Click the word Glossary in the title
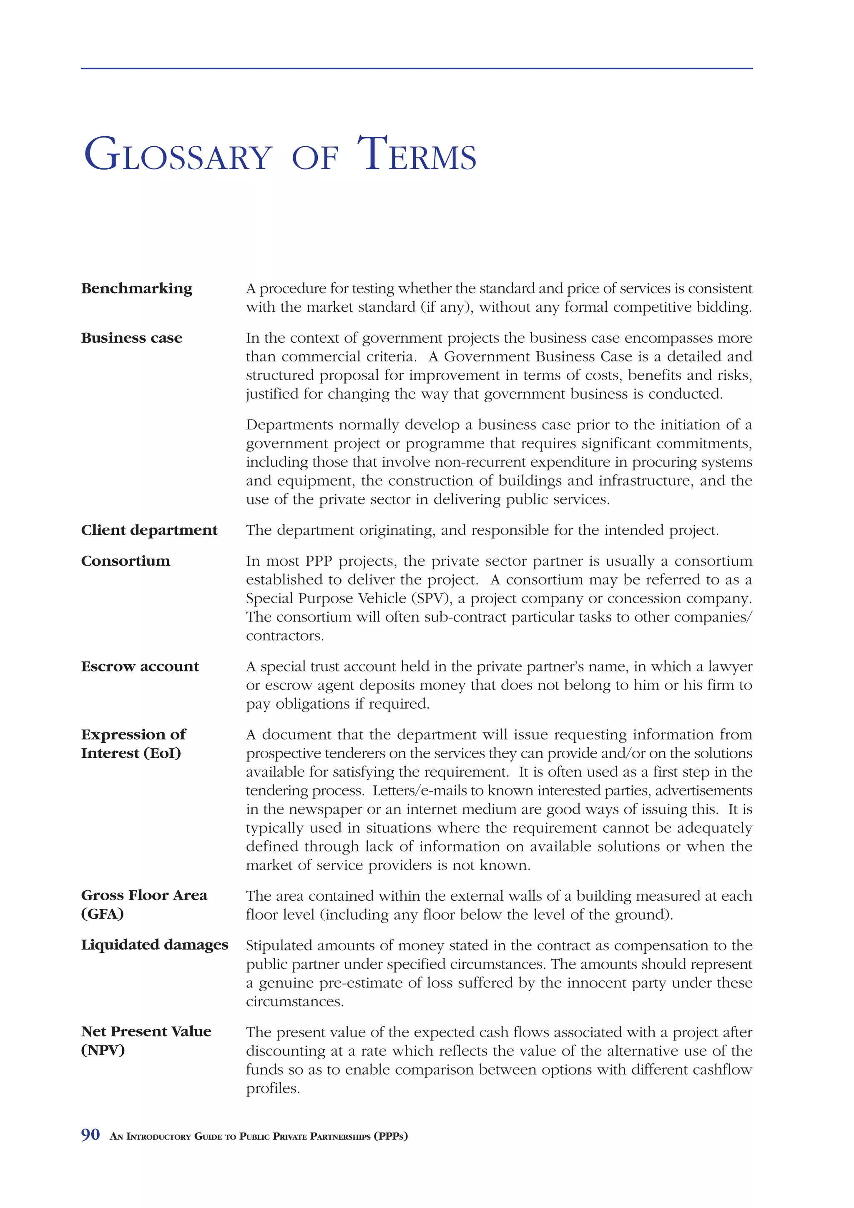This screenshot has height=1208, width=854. pyautogui.click(x=178, y=155)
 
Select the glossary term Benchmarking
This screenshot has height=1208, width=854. pyautogui.click(x=136, y=288)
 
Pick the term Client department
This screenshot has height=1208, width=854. pyautogui.click(x=149, y=530)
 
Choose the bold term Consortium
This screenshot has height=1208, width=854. pyautogui.click(x=125, y=561)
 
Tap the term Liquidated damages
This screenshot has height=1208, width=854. pyautogui.click(x=154, y=945)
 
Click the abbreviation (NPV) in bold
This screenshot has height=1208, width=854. pyautogui.click(x=103, y=1050)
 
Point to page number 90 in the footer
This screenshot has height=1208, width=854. pyautogui.click(x=90, y=1135)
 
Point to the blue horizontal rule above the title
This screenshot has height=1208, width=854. pyautogui.click(x=416, y=68)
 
